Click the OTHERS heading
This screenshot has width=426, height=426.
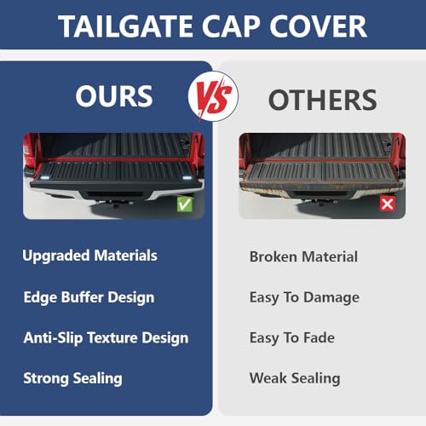(x=322, y=100)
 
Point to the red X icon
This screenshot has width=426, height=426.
(x=386, y=204)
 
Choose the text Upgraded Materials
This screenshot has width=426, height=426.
(x=89, y=255)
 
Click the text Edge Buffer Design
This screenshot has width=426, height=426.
(x=89, y=296)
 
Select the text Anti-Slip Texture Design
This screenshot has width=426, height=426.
(x=106, y=337)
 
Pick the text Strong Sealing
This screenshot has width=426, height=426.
(x=72, y=377)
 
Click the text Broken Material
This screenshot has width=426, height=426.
(x=303, y=256)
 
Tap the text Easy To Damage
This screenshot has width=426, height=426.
(x=304, y=297)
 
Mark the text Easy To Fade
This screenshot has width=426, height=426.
(x=291, y=337)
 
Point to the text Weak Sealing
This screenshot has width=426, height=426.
(x=295, y=377)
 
